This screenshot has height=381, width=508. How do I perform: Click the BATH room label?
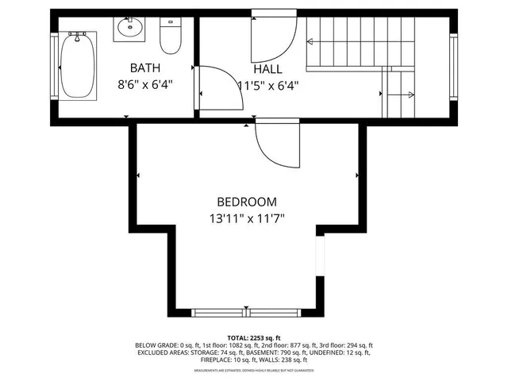(146, 67)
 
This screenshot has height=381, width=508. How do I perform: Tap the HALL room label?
(268, 68)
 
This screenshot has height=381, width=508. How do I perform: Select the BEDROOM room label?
(247, 202)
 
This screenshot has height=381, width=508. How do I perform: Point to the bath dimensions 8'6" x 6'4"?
(146, 83)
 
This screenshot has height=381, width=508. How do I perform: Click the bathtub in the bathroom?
(80, 65)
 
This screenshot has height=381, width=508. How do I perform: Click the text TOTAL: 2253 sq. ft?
(253, 337)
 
